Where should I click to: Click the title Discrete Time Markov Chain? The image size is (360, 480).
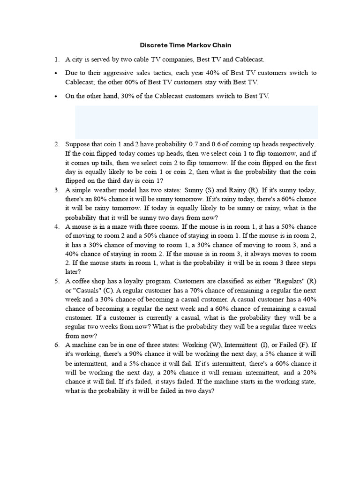coord(186,45)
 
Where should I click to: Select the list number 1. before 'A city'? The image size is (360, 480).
coord(56,60)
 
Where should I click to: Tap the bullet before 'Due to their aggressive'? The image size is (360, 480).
coord(56,73)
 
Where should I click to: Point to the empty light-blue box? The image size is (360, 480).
coord(196,121)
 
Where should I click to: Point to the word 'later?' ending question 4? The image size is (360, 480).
coord(73,272)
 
